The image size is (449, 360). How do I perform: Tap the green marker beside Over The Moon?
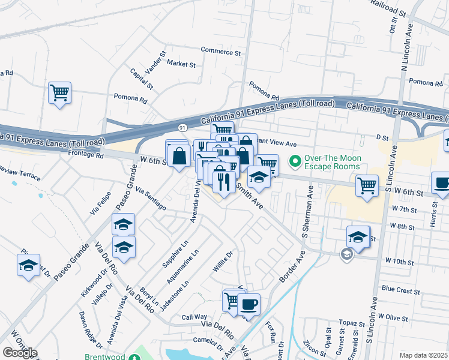tap(295, 161)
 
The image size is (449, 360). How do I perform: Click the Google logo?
tap(19, 353)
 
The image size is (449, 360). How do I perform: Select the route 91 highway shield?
tap(182, 127)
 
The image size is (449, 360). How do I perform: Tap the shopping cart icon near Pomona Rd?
tap(59, 93)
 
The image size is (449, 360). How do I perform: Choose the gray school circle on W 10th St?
tap(346, 254)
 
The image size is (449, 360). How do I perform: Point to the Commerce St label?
tap(220, 52)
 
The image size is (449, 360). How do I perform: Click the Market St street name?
tap(181, 63)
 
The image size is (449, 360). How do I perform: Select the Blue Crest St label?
tap(400, 289)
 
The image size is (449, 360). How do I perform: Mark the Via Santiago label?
tap(151, 198)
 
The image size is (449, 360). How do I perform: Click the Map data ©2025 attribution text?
tap(424, 355)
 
